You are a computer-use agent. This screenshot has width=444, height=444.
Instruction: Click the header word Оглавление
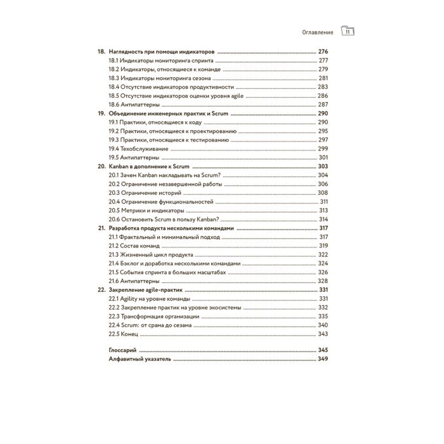pyautogui.click(x=316, y=31)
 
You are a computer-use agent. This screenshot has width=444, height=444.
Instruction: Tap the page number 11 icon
pyautogui.click(x=348, y=31)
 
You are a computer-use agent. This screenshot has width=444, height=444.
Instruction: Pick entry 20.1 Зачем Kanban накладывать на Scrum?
pyautogui.click(x=164, y=174)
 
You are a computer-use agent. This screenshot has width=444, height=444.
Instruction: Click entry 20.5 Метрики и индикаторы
pyautogui.click(x=147, y=210)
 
